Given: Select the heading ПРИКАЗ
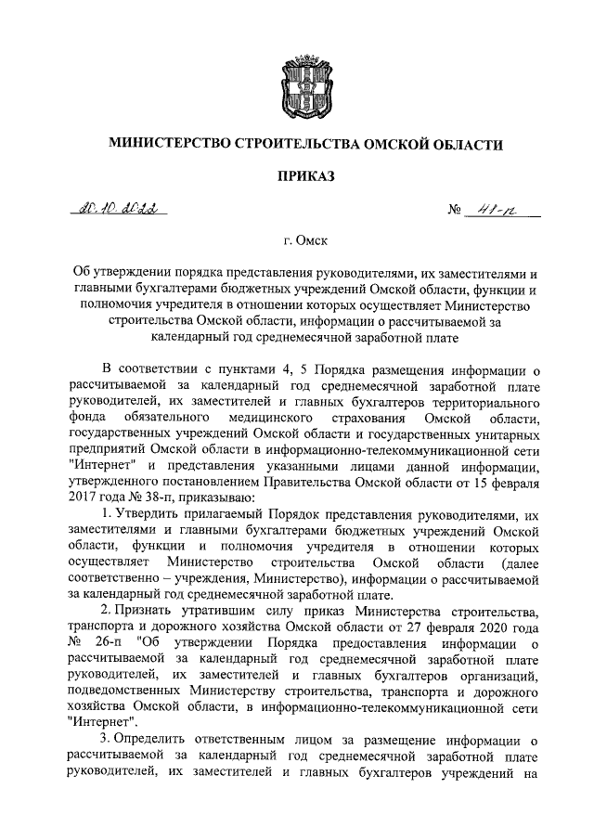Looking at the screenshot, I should point(296,175).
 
